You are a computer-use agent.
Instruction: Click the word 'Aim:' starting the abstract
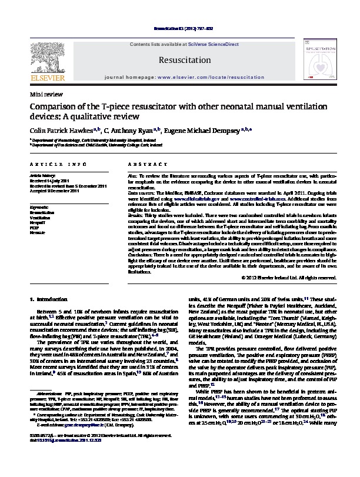pyautogui.click(x=132, y=176)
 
